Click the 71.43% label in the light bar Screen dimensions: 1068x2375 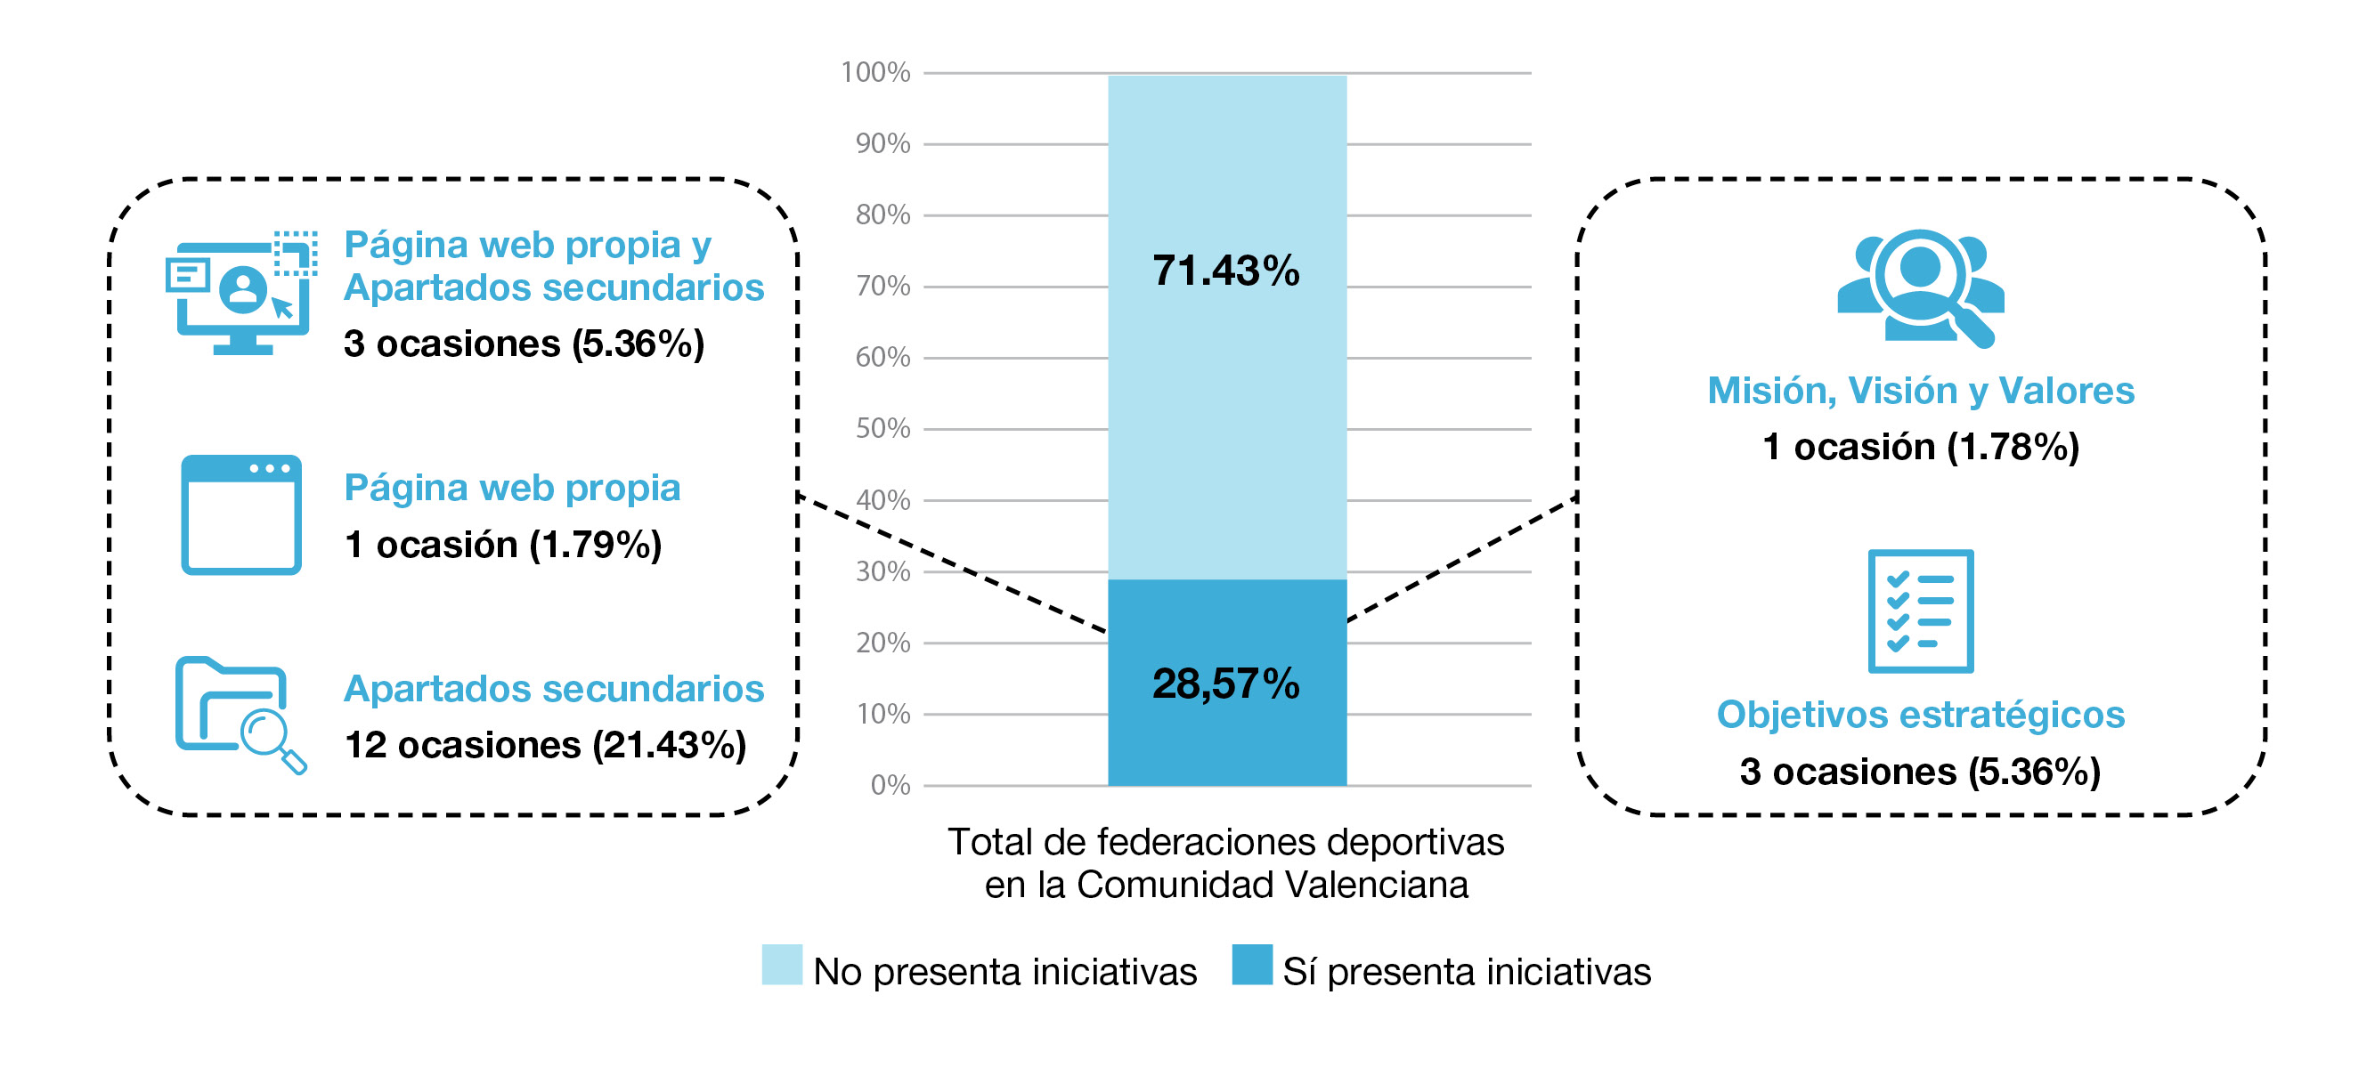click(x=1225, y=271)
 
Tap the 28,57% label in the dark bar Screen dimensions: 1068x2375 click(x=1225, y=684)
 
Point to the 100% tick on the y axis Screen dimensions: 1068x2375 click(x=875, y=72)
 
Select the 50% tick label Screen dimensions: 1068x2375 click(x=882, y=428)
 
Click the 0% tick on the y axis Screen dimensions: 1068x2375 click(x=890, y=785)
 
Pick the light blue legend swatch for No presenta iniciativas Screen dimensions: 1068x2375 click(x=781, y=965)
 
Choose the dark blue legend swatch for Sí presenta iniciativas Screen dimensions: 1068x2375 click(x=1251, y=965)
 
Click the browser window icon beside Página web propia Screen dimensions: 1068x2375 click(x=240, y=514)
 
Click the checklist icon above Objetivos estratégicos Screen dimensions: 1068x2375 click(x=1921, y=611)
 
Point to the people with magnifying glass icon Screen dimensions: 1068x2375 click(x=1921, y=287)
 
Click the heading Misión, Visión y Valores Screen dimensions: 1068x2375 click(x=1921, y=391)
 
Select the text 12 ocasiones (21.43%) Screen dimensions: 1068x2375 click(x=545, y=745)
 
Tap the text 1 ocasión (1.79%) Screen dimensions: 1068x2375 click(x=502, y=545)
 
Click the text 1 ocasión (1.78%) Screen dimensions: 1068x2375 click(x=1921, y=447)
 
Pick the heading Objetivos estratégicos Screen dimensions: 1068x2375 click(x=1921, y=715)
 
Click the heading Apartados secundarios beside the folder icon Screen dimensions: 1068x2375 click(x=553, y=689)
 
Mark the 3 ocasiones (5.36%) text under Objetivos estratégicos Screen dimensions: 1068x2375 click(x=1921, y=773)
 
